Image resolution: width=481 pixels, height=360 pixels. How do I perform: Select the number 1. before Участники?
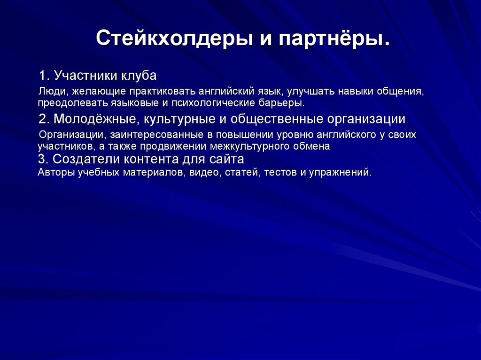[45, 76]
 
